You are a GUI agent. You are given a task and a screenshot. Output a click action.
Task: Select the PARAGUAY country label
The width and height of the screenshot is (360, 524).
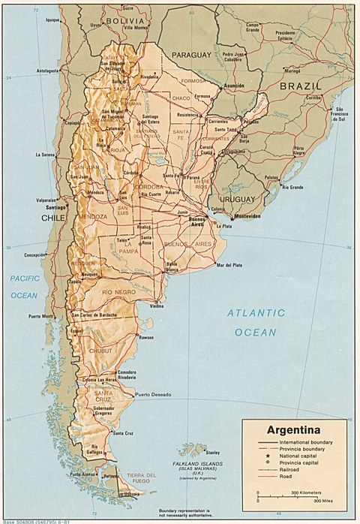(x=193, y=56)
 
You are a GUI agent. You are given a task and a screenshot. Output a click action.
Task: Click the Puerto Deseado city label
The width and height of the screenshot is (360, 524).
(x=153, y=395)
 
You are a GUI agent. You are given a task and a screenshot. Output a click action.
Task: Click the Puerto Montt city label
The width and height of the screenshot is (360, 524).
(x=43, y=316)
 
